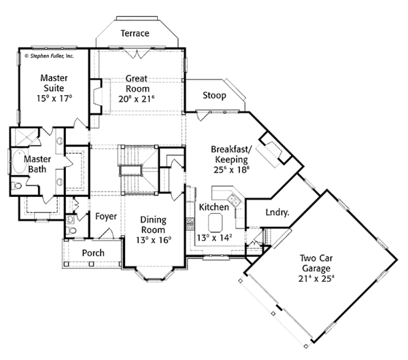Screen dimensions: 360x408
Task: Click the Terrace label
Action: point(135,33)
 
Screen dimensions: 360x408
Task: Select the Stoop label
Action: point(214,96)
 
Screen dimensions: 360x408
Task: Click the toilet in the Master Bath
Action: point(18,184)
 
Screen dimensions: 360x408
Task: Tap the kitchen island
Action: point(216,221)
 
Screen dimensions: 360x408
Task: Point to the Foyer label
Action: point(106,217)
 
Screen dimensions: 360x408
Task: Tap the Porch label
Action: point(93,253)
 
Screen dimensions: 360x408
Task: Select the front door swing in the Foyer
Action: point(105,234)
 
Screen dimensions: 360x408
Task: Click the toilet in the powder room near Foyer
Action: point(71,220)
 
